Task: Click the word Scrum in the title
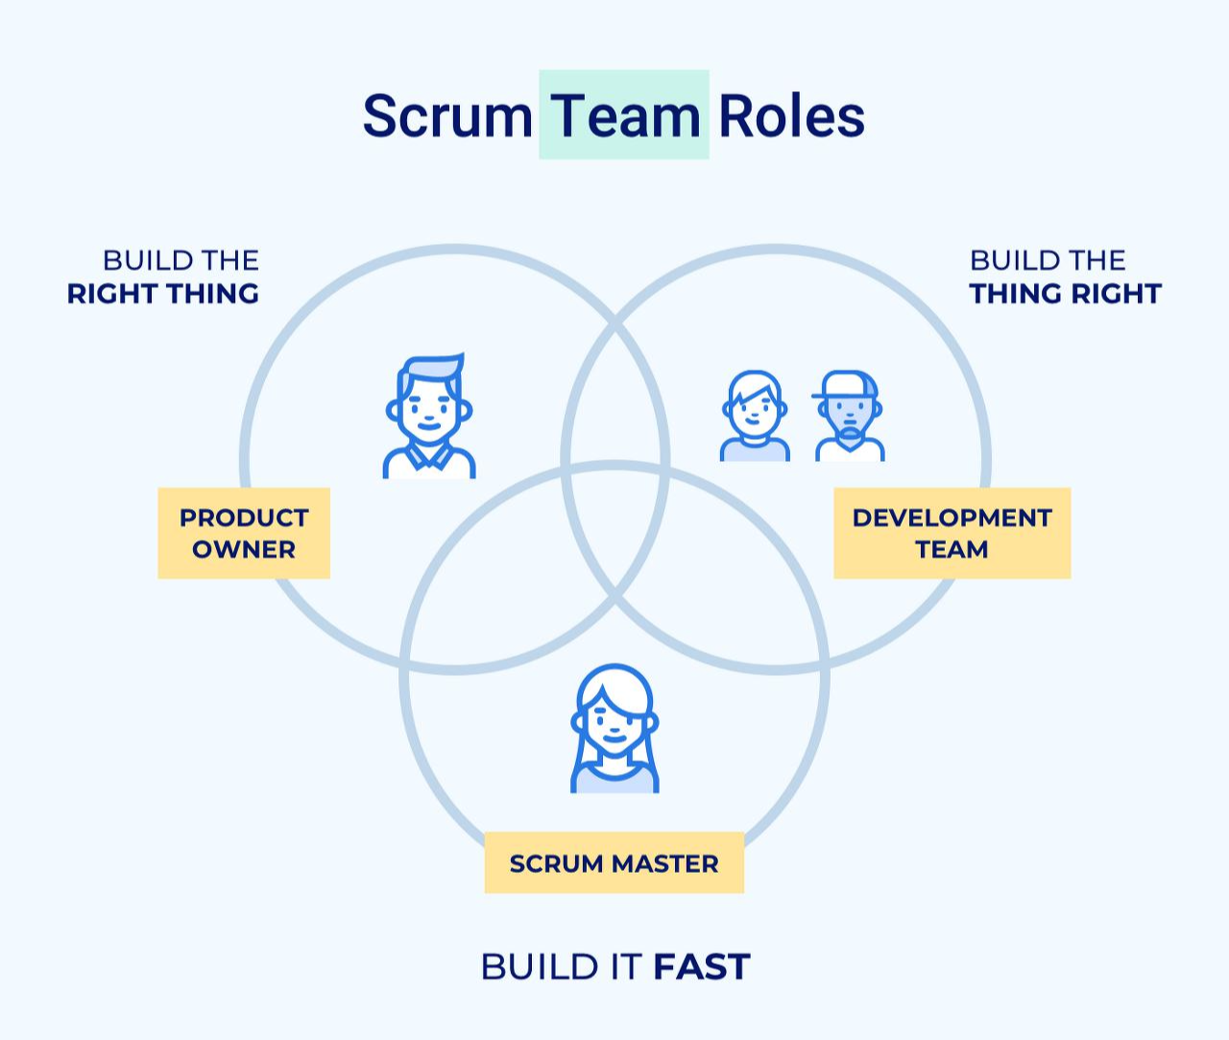pos(446,116)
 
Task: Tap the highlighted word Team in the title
pos(624,116)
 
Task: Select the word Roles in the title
pos(791,116)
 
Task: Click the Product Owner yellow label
pos(244,533)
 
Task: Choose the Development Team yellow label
pos(952,533)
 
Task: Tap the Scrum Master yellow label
pos(614,862)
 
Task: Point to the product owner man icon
pos(428,416)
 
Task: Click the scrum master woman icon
pos(614,728)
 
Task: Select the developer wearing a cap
pos(848,416)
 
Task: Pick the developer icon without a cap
pos(755,416)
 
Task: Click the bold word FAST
pos(701,967)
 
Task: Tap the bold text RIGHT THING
pos(163,294)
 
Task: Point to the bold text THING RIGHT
pos(1065,294)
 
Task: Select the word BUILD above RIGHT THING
pos(140,260)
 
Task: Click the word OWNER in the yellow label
pos(244,549)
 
